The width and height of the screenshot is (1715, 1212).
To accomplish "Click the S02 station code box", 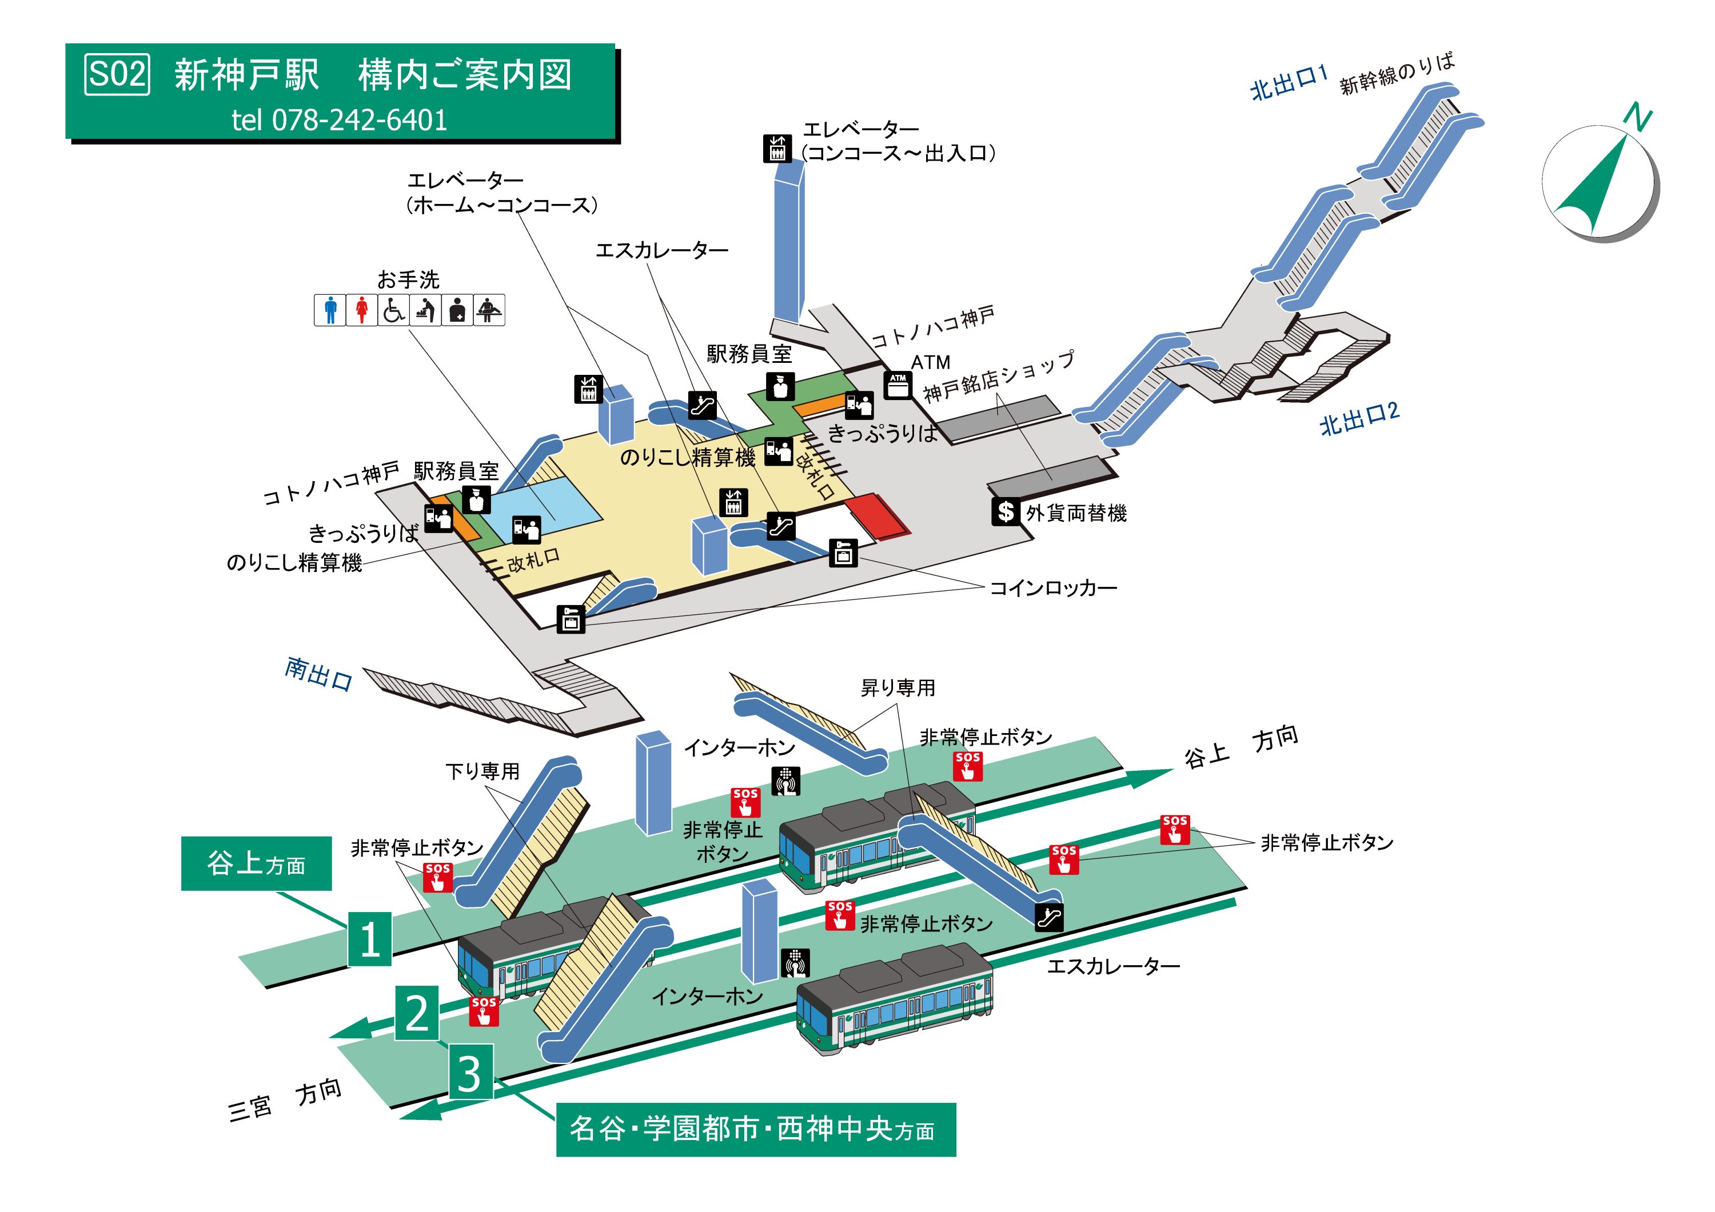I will pyautogui.click(x=117, y=75).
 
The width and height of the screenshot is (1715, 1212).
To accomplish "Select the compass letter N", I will pyautogui.click(x=1637, y=117).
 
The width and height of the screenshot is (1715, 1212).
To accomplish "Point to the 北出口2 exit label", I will pyautogui.click(x=1359, y=419).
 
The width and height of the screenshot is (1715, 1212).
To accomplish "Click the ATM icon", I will pyautogui.click(x=897, y=384).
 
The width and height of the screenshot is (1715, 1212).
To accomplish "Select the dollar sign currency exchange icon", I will pyautogui.click(x=1006, y=511).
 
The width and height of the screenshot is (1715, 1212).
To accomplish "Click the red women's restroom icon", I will pyautogui.click(x=361, y=310).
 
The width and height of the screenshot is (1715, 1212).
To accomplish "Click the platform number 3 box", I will pyautogui.click(x=470, y=1073).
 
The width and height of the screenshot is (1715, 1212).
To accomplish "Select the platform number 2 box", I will pyautogui.click(x=417, y=1013).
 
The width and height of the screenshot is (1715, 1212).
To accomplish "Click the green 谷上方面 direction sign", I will pyautogui.click(x=256, y=863).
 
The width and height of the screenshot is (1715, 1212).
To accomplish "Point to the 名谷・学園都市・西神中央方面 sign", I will pyautogui.click(x=755, y=1129).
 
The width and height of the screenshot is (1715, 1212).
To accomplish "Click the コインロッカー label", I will pyautogui.click(x=1053, y=589).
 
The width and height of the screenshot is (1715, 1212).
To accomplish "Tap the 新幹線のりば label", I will pyautogui.click(x=1397, y=73).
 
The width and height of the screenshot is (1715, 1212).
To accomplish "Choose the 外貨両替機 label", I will pyautogui.click(x=1076, y=513).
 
